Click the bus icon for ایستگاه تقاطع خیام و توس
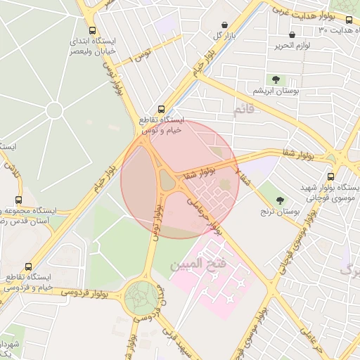pos(162,109)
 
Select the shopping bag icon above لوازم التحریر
pos(292,34)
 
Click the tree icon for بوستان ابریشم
pos(274,79)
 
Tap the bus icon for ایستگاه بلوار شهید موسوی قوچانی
pos(330,177)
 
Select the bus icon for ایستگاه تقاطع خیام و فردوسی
pos(28,267)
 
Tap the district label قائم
pos(243,109)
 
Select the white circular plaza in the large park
pos(55,110)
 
